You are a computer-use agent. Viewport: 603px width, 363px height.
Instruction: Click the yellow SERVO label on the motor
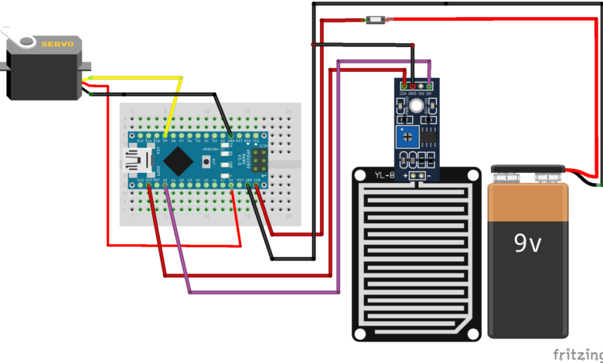[x=57, y=44]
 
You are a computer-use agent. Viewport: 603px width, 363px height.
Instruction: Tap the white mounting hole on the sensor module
[x=417, y=106]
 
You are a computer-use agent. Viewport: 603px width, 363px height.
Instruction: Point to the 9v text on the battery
[x=530, y=244]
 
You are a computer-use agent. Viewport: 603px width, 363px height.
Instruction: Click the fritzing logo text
[x=577, y=355]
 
